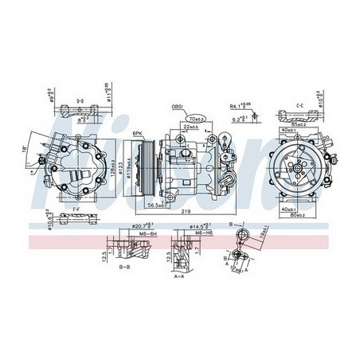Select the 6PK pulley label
(139, 133)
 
